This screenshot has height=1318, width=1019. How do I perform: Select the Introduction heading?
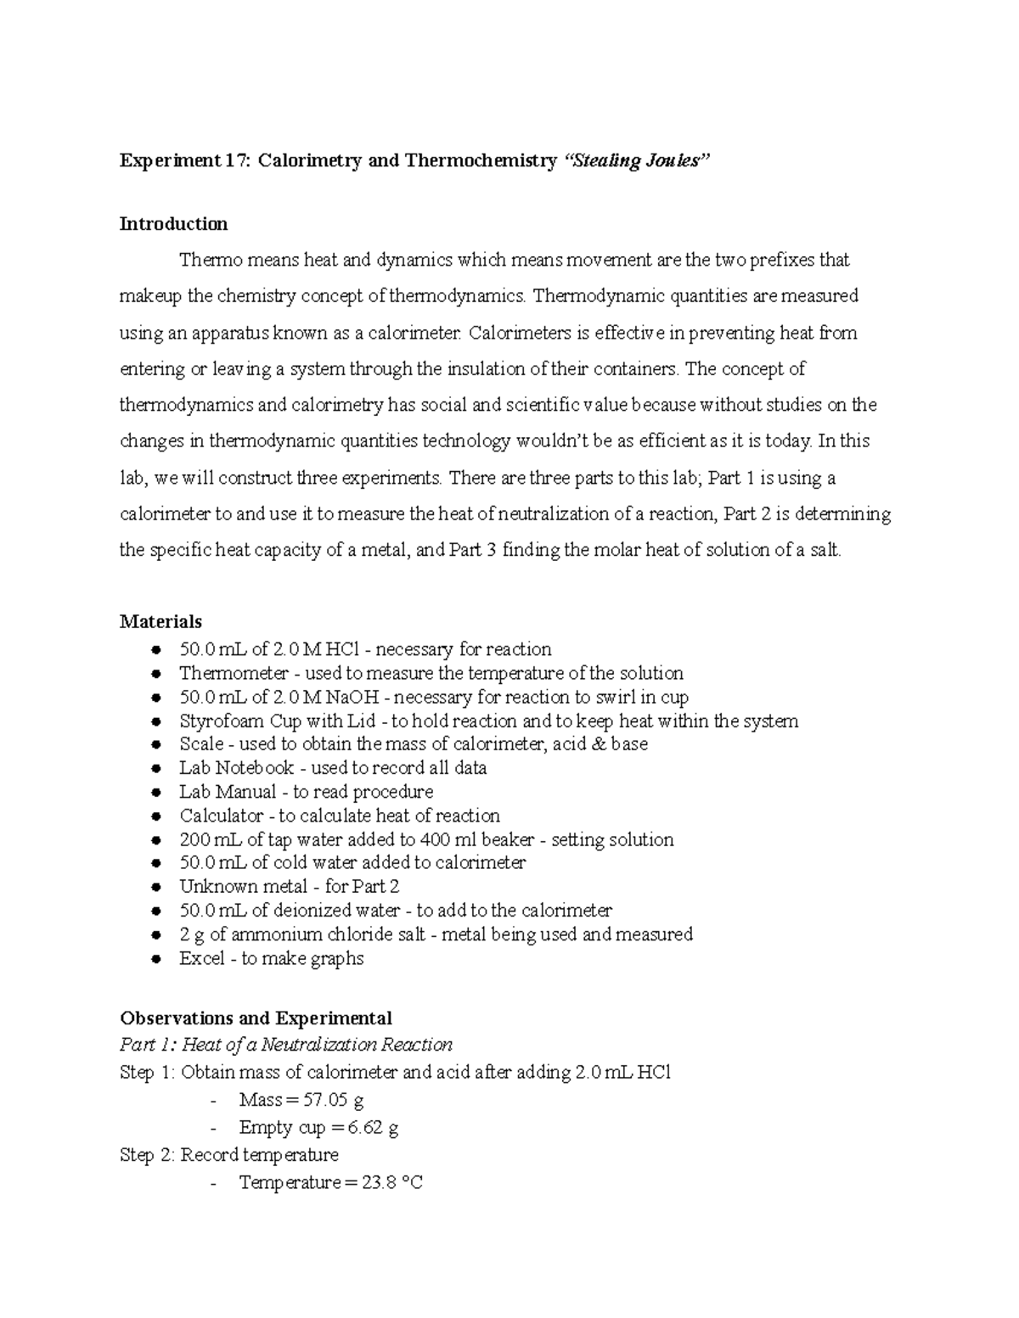click(x=173, y=224)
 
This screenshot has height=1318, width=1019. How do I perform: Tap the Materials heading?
click(x=160, y=622)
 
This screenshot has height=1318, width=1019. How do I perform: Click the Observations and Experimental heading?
click(x=256, y=1018)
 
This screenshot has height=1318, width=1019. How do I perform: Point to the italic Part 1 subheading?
click(x=286, y=1045)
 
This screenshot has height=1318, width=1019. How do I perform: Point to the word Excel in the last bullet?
click(x=201, y=959)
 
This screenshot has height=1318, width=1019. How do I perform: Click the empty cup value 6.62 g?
click(x=373, y=1128)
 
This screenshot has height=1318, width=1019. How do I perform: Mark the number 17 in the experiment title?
click(x=234, y=161)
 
